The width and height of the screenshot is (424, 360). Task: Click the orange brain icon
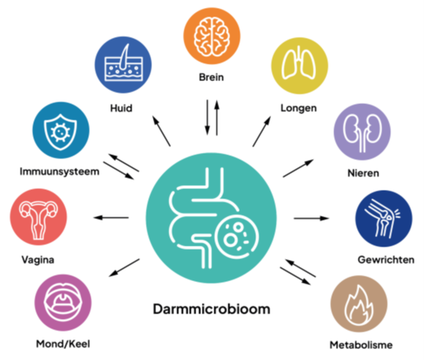(212, 36)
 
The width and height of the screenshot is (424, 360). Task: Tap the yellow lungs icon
(299, 65)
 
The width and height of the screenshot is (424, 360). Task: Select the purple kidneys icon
(362, 132)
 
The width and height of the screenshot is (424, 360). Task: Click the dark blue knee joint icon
(384, 218)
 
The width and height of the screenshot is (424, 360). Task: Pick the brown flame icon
(359, 304)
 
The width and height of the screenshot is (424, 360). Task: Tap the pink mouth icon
(63, 302)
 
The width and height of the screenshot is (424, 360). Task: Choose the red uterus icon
(39, 217)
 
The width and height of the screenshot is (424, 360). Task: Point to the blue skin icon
(123, 65)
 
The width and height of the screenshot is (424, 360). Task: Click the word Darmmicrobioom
(211, 309)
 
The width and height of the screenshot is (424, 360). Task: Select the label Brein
(211, 77)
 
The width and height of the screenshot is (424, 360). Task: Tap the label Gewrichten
(386, 260)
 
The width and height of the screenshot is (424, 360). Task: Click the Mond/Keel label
(63, 344)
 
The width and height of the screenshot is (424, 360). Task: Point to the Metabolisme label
(361, 345)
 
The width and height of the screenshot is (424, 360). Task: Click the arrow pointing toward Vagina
(111, 217)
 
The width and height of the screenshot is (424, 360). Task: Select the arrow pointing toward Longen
(262, 132)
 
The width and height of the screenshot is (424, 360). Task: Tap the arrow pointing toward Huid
(162, 131)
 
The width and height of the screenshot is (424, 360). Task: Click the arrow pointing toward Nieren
(298, 169)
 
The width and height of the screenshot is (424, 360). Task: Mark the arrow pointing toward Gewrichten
(311, 218)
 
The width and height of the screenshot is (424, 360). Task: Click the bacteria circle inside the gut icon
(237, 237)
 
